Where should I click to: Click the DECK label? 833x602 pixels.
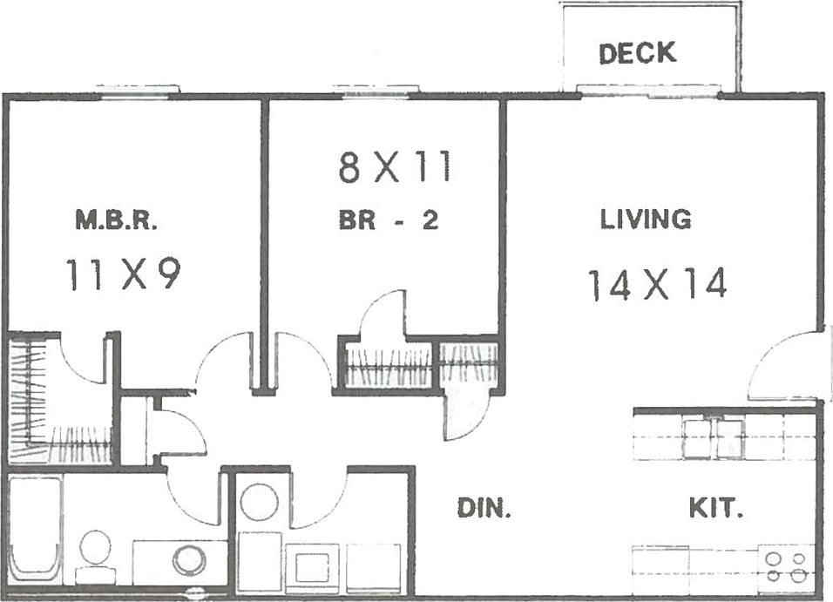pyautogui.click(x=637, y=52)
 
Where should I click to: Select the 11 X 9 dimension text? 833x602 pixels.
pyautogui.click(x=122, y=275)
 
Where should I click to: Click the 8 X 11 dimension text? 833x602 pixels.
pyautogui.click(x=395, y=167)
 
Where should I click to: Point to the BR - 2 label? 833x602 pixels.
pyautogui.click(x=388, y=221)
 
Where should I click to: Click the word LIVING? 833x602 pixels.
pyautogui.click(x=646, y=220)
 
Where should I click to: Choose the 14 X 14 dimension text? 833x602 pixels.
pyautogui.click(x=657, y=285)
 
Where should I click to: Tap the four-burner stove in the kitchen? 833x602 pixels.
pyautogui.click(x=786, y=566)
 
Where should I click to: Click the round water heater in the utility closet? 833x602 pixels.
pyautogui.click(x=259, y=503)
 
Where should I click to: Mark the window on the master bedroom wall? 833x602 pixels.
pyautogui.click(x=138, y=91)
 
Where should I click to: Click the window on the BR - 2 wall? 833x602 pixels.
pyautogui.click(x=376, y=91)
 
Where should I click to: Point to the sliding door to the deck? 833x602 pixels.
pyautogui.click(x=650, y=91)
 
